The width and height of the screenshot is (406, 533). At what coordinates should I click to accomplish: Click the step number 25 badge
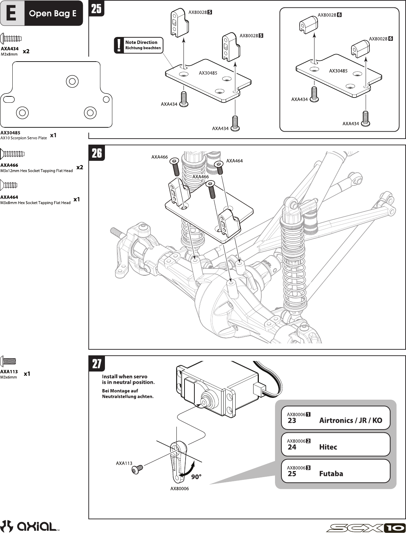click(96, 8)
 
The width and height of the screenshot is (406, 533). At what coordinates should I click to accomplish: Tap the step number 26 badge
click(96, 153)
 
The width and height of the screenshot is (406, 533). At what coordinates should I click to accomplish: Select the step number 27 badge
click(96, 364)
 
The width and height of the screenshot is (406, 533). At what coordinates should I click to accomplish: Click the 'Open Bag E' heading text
click(52, 14)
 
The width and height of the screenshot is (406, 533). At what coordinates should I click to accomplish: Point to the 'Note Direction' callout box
click(138, 45)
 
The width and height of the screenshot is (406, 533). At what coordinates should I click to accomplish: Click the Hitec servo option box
click(336, 444)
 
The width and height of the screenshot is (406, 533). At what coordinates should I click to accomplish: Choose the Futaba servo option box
click(336, 471)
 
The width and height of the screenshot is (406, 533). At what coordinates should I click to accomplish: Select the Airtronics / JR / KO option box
click(336, 418)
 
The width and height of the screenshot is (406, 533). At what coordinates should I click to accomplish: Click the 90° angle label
click(196, 477)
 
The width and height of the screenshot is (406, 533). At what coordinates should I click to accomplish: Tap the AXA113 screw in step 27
click(138, 469)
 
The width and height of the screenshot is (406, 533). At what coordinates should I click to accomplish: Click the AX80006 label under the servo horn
click(180, 489)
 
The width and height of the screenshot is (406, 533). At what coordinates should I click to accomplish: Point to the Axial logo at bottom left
click(29, 526)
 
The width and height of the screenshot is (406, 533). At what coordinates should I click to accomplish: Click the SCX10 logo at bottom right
click(366, 528)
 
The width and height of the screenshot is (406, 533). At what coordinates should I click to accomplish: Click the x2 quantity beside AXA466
click(80, 167)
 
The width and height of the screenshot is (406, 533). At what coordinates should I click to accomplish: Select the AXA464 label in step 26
click(235, 161)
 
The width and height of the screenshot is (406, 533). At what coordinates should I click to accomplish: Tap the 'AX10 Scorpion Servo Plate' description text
click(24, 138)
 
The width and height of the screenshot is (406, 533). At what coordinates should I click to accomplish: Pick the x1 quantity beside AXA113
click(27, 374)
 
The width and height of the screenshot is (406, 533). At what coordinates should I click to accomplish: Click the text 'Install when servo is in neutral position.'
click(128, 379)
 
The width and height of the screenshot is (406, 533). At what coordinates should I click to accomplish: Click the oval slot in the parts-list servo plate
click(9, 99)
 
